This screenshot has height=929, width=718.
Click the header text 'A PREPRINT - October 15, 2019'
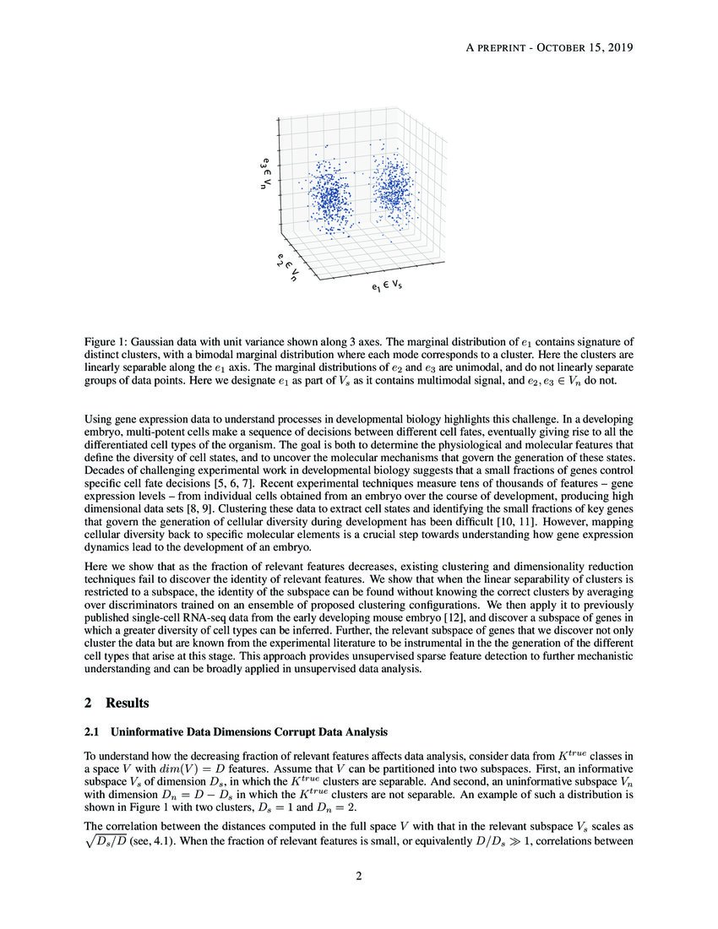[x=549, y=47]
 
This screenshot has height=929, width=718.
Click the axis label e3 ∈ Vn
[x=266, y=172]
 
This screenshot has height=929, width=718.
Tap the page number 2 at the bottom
[x=359, y=876]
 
